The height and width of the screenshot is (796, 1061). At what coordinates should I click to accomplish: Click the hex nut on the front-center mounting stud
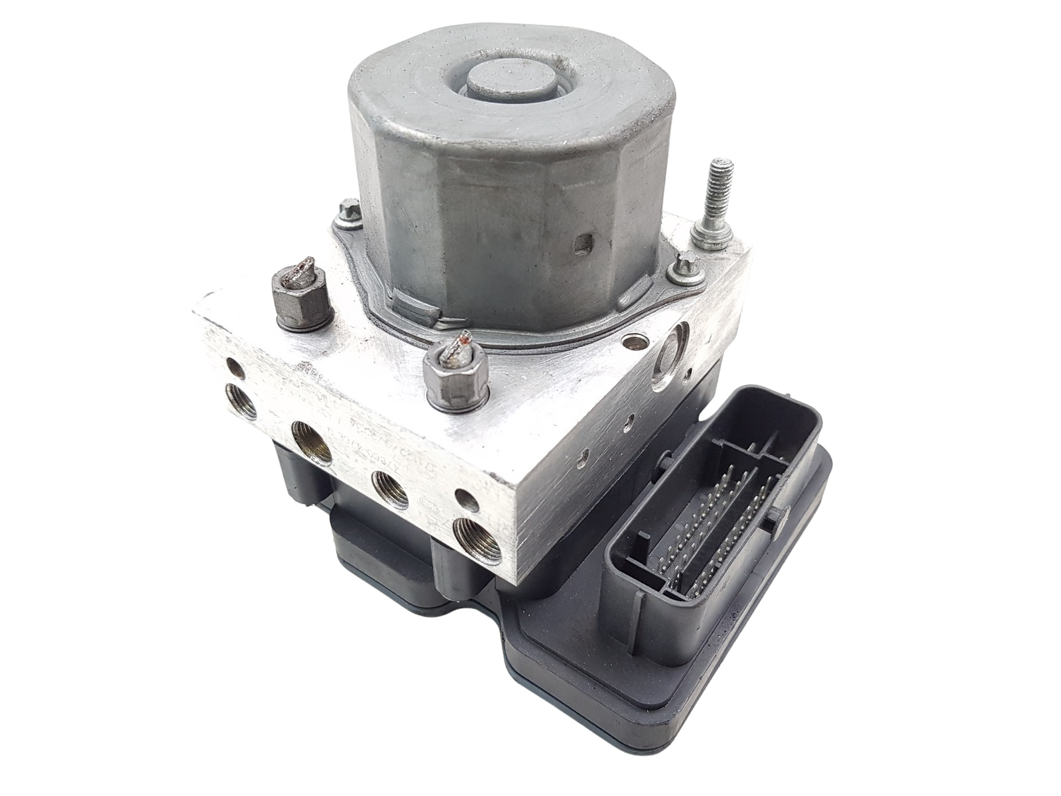pos(455,385)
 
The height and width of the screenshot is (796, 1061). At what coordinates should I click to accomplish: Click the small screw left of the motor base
pos(344,214)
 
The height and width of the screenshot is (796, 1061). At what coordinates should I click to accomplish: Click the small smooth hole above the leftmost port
pos(233,365)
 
